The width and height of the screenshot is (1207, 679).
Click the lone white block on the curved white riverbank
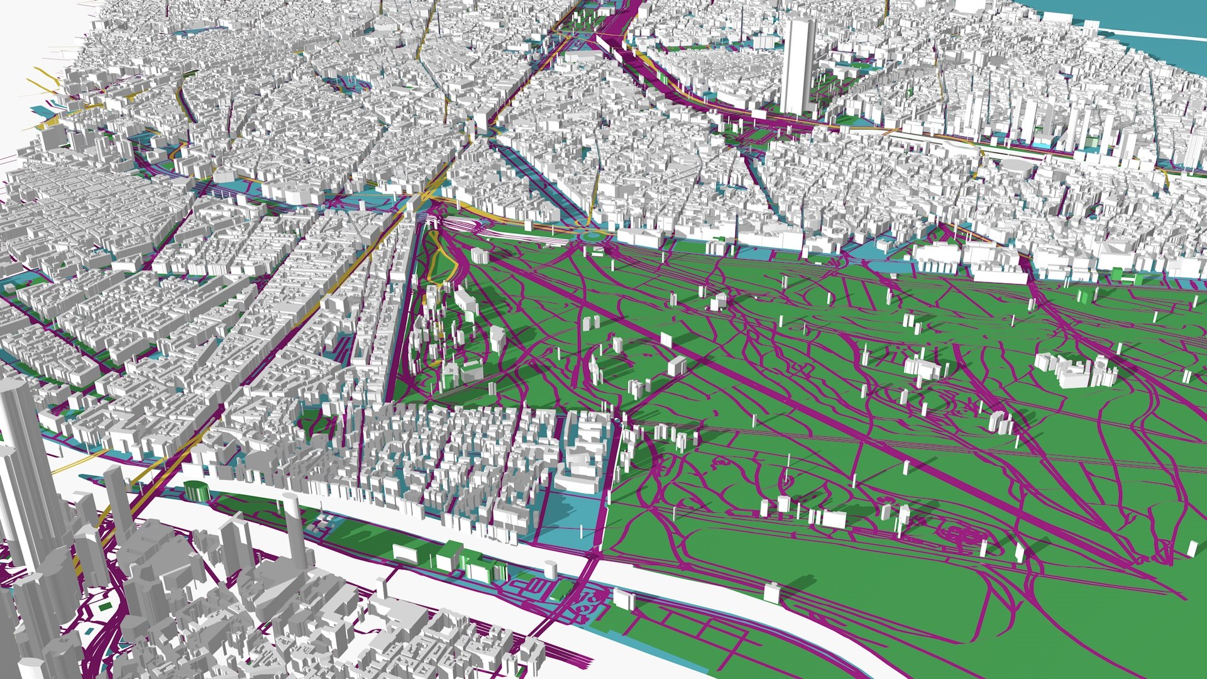tap(771, 592)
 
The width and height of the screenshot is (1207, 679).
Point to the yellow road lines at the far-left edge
tap(44, 82)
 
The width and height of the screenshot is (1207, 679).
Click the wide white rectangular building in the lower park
tap(833, 519)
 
